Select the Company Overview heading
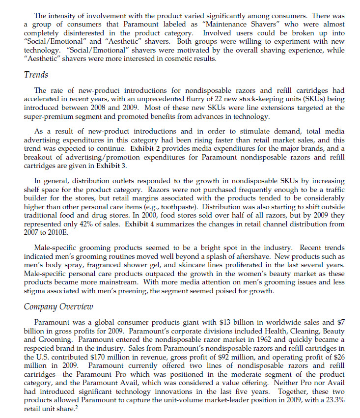coord(58,307)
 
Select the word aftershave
coord(324,257)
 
